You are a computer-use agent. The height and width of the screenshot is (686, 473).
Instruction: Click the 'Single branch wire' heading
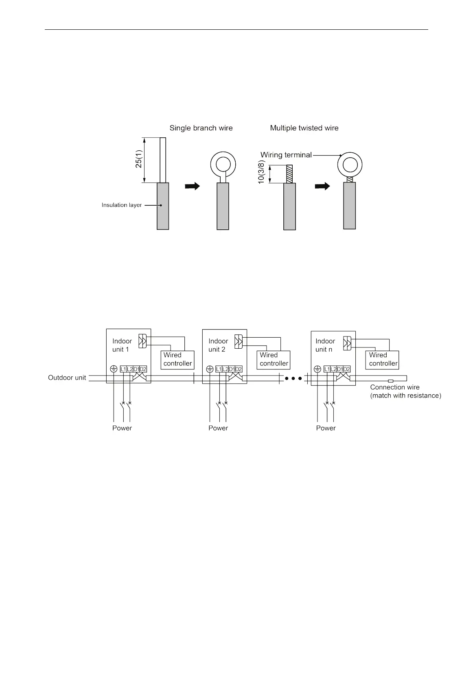coord(201,128)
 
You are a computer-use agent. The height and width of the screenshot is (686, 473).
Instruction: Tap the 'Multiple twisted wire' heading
coord(304,128)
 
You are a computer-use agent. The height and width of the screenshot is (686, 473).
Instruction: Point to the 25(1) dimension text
coord(139,159)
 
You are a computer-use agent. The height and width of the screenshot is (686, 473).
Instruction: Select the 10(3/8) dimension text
coord(261,172)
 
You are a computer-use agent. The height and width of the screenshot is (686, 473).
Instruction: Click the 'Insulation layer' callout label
coord(122,205)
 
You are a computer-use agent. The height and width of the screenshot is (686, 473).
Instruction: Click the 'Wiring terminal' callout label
coord(286,155)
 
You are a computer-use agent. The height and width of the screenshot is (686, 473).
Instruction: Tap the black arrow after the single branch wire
coord(193,186)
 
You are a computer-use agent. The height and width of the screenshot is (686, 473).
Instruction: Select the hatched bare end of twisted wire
coord(289,174)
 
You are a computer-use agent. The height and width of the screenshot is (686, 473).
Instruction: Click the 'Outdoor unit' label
coord(67,378)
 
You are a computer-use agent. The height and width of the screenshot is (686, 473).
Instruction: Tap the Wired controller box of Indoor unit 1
coord(177,359)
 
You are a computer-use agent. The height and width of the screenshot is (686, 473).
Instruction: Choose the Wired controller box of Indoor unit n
coord(383,359)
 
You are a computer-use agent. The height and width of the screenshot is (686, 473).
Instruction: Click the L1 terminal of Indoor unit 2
coord(219,369)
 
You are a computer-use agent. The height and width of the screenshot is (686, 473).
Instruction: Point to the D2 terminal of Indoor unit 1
coord(143,369)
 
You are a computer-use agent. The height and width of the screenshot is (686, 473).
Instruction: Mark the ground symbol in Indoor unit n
coord(318,369)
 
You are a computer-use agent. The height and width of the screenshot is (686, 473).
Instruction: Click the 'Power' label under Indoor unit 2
coord(218,428)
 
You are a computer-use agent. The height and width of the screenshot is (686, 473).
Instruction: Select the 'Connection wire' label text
coord(394,387)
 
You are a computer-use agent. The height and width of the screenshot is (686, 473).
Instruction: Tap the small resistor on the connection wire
coord(390,381)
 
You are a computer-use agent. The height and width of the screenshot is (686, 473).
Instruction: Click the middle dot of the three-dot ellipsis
coord(293,378)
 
